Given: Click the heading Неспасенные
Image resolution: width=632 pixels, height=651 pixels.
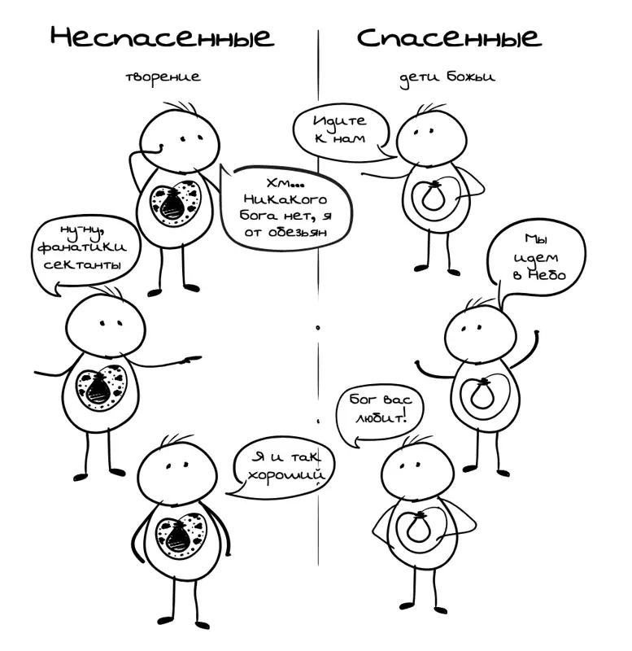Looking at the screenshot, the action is (x=162, y=37).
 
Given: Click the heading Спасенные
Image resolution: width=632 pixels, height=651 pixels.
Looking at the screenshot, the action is (x=449, y=37).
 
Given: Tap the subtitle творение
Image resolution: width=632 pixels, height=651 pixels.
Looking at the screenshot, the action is (x=163, y=77).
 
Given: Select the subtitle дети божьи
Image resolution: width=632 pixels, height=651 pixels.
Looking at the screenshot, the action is (x=447, y=78).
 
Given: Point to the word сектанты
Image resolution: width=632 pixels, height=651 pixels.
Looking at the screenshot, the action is (x=83, y=264).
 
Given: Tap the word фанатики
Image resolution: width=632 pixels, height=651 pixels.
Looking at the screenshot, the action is (x=82, y=247).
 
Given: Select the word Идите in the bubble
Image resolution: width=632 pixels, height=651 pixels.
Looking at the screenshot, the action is (x=340, y=120).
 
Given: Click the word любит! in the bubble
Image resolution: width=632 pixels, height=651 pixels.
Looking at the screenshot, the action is (x=380, y=417).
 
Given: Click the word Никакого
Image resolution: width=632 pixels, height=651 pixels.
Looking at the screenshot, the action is (x=285, y=199).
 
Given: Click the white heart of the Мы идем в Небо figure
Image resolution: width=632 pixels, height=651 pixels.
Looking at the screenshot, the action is (x=484, y=395).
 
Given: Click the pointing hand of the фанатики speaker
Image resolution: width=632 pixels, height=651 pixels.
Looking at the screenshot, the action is (x=189, y=359).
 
